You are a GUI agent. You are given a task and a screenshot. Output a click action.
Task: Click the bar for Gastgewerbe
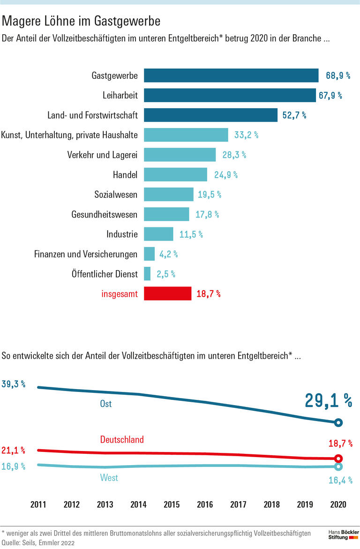(231, 75)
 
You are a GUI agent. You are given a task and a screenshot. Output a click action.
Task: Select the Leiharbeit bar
(230, 96)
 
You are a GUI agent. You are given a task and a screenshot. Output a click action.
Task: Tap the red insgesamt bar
(167, 294)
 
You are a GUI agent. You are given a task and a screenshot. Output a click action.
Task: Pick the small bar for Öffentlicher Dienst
(147, 274)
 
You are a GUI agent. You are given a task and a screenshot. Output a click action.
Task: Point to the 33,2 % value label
(246, 135)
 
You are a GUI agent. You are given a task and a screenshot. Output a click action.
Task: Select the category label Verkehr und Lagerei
(102, 155)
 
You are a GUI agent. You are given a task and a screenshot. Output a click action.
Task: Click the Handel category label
(125, 175)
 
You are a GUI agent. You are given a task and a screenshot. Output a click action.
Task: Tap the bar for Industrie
(158, 234)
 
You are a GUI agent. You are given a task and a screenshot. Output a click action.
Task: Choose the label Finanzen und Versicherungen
(86, 254)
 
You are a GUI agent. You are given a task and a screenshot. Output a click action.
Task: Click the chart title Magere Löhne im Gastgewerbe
(82, 21)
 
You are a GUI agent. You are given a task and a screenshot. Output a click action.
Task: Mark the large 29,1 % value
(328, 400)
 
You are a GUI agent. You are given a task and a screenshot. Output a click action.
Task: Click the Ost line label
(106, 403)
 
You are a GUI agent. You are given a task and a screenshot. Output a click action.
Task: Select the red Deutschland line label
(122, 440)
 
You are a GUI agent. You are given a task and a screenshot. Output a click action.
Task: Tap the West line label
(109, 478)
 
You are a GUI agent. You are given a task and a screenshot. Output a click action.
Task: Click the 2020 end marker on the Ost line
(339, 423)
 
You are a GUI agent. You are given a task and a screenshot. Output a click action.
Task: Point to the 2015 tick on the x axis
(172, 505)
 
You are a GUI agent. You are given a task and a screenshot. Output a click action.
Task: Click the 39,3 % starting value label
(14, 384)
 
